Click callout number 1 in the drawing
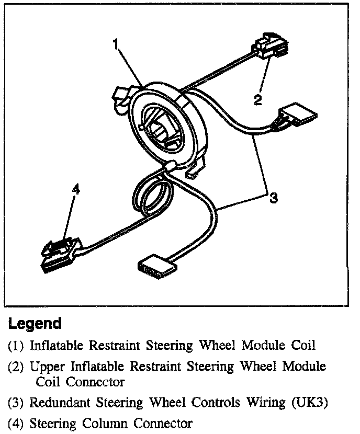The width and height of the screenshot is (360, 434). coord(117,45)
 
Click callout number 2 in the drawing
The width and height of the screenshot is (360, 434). coord(257,99)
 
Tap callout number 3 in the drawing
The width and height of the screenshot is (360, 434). coord(273,198)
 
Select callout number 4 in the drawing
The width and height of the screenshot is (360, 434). coord(76,190)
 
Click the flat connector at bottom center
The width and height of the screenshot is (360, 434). coord(155,264)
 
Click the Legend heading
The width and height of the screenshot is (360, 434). coord(35,324)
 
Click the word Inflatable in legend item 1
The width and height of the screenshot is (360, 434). coord(58,346)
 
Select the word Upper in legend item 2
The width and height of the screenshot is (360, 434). coord(46,367)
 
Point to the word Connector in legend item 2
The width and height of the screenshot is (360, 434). coord(96,382)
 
